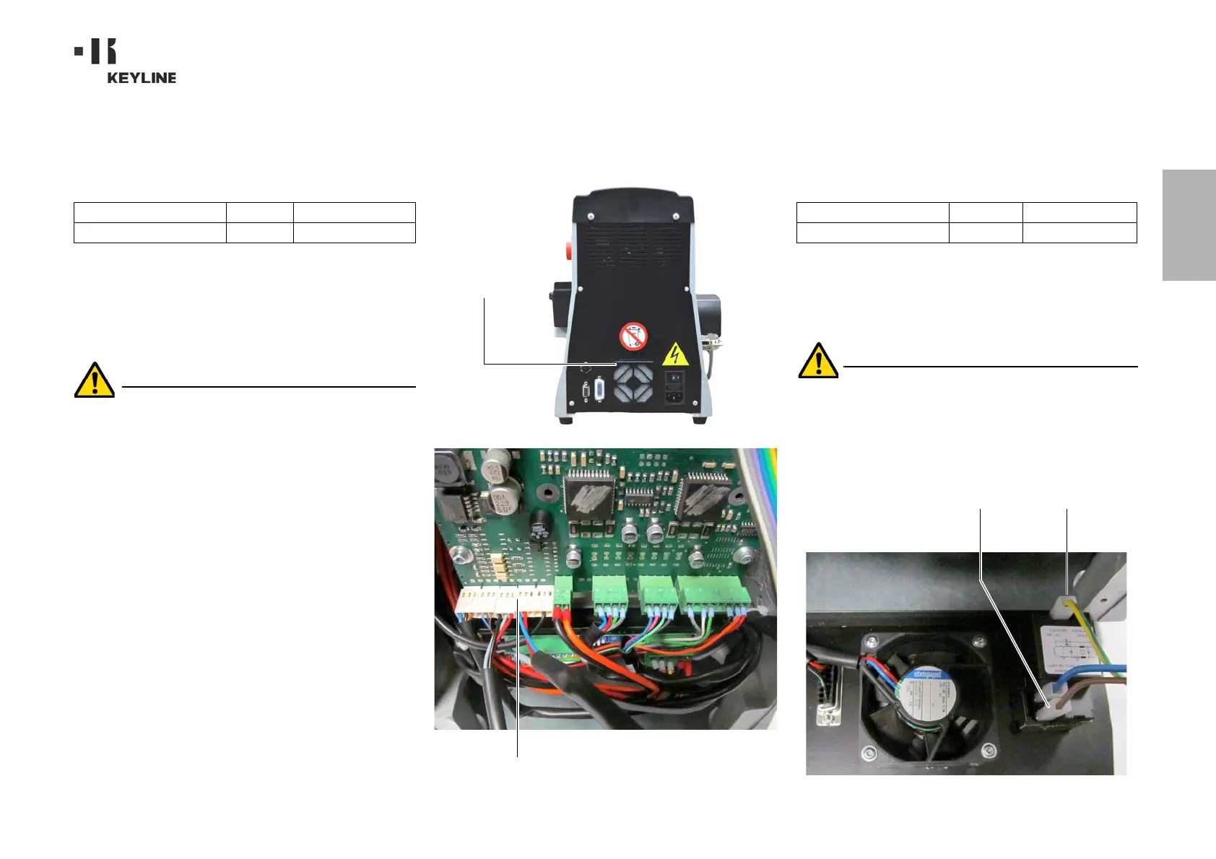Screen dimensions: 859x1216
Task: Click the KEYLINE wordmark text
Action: coord(142,78)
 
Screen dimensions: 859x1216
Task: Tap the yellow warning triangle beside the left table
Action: coord(95,380)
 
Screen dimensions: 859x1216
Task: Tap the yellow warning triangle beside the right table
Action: coord(818,361)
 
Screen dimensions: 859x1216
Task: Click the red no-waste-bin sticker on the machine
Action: coord(633,336)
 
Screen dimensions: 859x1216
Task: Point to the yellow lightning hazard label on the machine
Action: coord(675,354)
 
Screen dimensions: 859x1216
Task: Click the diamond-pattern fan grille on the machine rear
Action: coord(633,382)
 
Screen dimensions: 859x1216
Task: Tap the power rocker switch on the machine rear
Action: coord(674,377)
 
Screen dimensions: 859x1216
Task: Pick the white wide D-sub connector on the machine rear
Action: coord(599,389)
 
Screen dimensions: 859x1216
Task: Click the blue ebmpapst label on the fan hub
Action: coord(927,675)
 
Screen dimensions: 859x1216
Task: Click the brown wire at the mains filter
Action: coord(1083,693)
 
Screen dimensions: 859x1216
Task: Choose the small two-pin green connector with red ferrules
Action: coord(563,591)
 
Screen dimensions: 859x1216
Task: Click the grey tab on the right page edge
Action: coord(1189,224)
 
